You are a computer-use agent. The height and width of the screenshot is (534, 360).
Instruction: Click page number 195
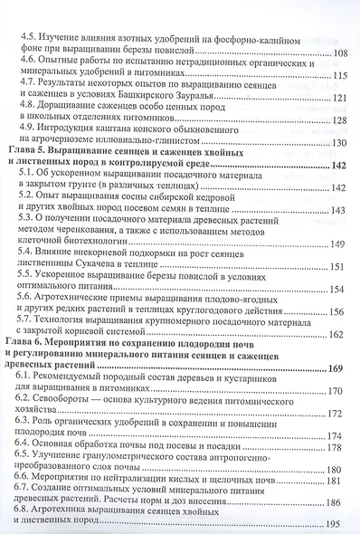(337, 526)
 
